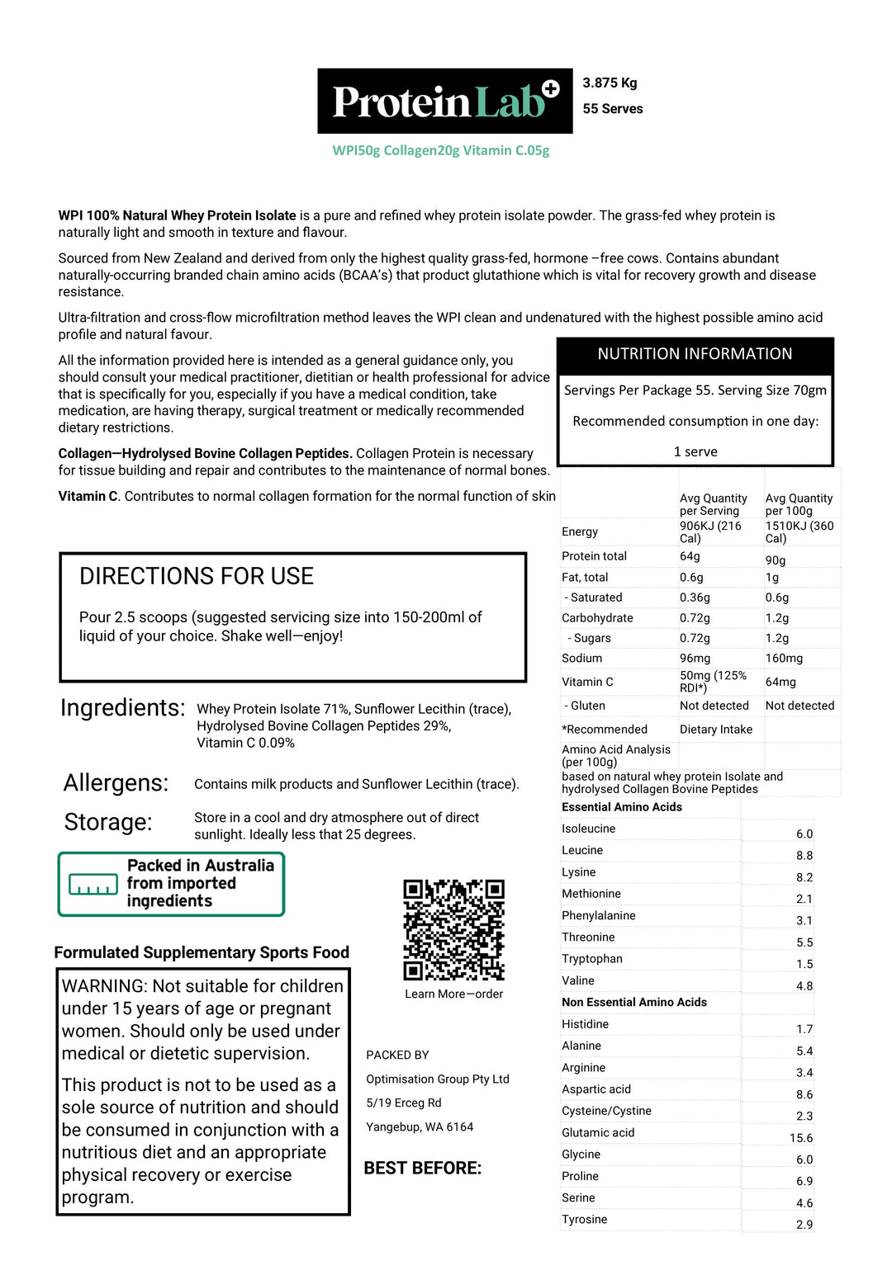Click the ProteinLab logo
point(444,101)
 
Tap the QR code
point(453,929)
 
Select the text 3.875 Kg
point(610,83)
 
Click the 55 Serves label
point(612,109)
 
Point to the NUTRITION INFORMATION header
point(695,354)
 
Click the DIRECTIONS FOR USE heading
point(197,576)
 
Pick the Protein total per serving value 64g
point(690,556)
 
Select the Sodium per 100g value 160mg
point(784,659)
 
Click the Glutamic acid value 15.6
point(800,1138)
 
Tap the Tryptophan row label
point(592,959)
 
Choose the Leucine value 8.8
point(804,856)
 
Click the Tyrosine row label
point(584,1220)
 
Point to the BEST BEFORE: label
point(422,1168)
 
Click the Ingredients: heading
point(123,708)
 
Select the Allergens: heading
point(116,782)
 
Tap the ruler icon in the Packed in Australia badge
point(93,885)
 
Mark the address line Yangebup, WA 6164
point(420,1127)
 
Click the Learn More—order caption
point(453,994)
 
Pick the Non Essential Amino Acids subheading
point(634,1003)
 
